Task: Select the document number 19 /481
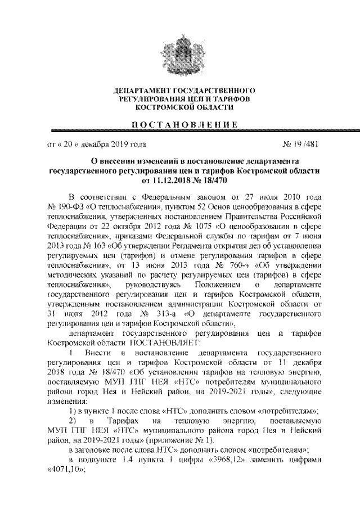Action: point(302,143)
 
